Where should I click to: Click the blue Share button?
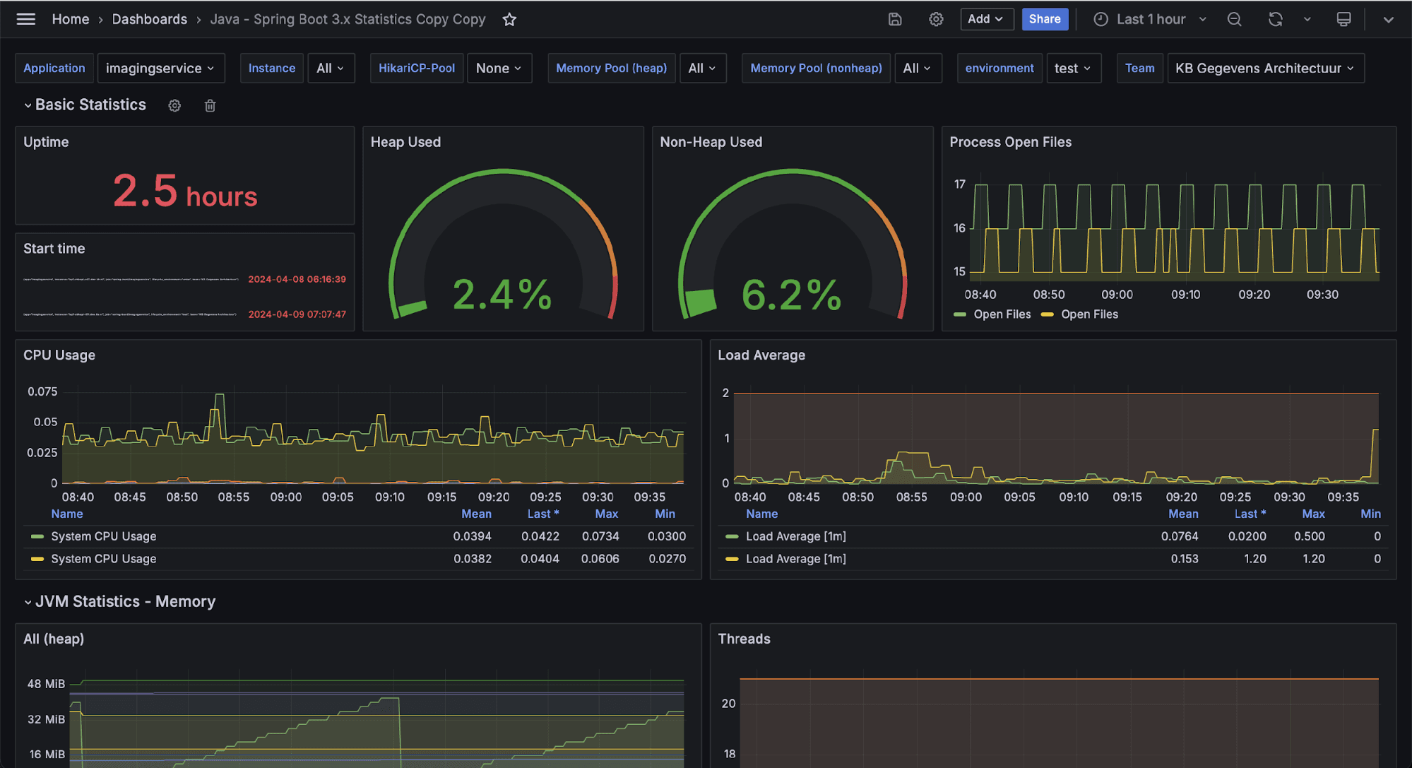tap(1044, 19)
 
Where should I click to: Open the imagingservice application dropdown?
tap(160, 69)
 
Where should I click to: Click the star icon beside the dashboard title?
tap(509, 20)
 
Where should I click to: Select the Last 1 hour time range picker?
tap(1150, 19)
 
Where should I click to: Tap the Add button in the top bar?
tap(986, 19)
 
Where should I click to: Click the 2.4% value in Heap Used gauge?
tap(502, 295)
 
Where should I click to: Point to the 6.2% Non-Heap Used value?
tap(791, 295)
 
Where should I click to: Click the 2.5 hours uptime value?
tap(185, 192)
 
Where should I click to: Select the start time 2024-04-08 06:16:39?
tap(297, 279)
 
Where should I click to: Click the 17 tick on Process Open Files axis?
tap(959, 184)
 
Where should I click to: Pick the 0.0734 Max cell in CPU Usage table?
tap(600, 536)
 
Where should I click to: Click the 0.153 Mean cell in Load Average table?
tap(1184, 559)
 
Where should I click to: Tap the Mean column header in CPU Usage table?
tap(476, 514)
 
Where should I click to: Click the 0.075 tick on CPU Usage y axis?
tap(42, 391)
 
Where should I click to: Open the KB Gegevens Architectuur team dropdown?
tap(1264, 69)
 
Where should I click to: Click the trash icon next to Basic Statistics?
tap(210, 105)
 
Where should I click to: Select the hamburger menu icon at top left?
tap(26, 19)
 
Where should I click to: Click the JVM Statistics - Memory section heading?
tap(125, 601)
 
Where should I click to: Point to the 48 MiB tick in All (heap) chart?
tap(46, 684)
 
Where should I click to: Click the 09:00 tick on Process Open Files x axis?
tap(1117, 295)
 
